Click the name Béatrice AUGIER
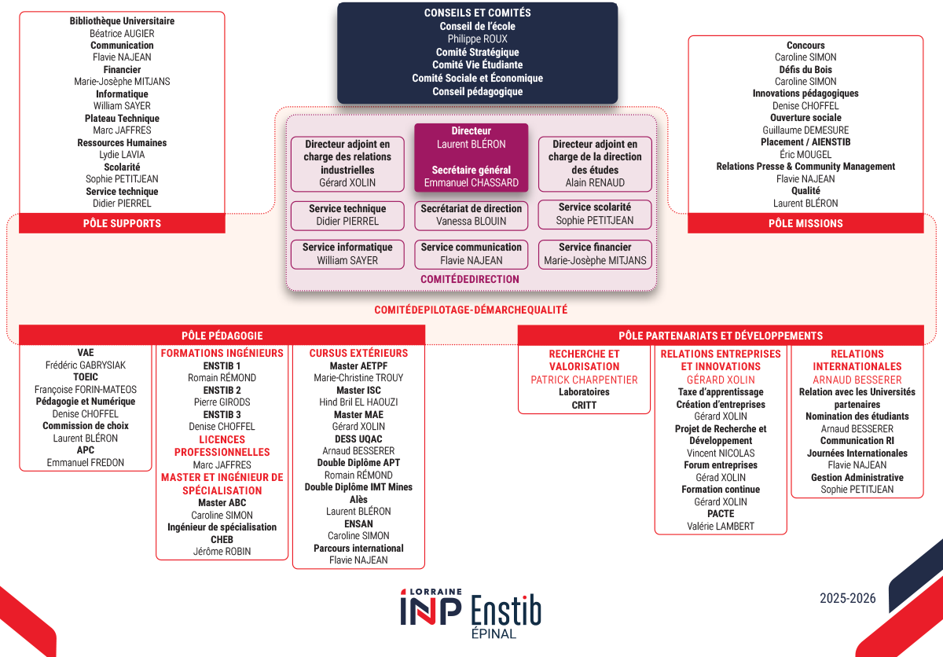point(122,34)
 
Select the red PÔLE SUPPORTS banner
point(122,223)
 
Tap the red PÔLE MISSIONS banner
point(805,223)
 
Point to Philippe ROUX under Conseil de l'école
point(477,39)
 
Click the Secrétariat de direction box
point(471,215)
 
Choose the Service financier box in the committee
point(595,254)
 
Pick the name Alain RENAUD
point(595,182)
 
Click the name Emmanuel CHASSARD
point(471,182)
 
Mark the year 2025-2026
point(847,598)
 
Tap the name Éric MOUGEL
point(805,155)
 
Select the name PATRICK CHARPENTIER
point(584,380)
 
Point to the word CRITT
point(584,405)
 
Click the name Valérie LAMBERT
point(720,526)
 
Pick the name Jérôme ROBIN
point(222,551)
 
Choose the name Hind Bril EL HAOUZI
point(358,402)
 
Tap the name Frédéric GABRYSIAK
point(86,365)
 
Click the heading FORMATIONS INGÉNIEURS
point(222,354)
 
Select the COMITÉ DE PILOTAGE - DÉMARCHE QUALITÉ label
point(471,310)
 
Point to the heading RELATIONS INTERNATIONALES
point(857,360)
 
